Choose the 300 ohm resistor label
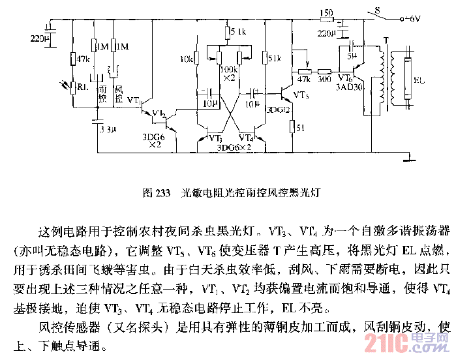point(323,79)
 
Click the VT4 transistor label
point(246,138)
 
